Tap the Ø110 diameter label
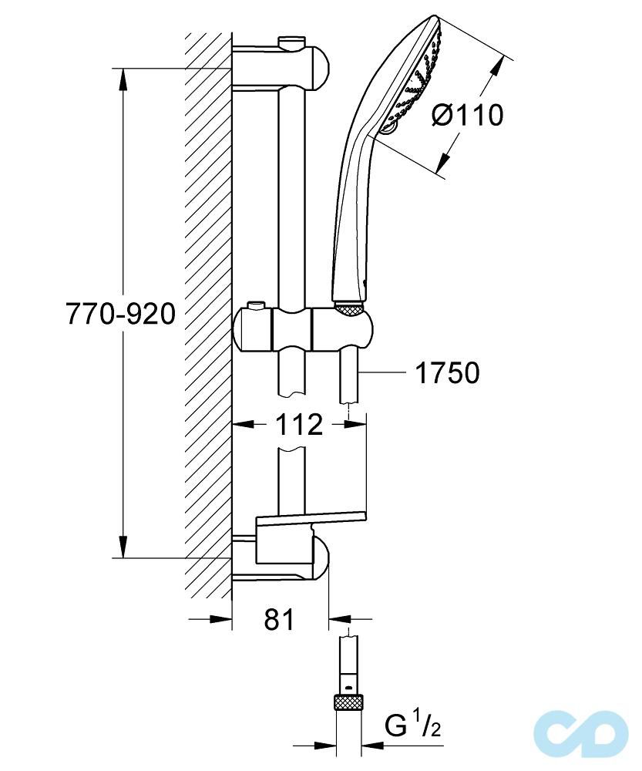pyautogui.click(x=468, y=115)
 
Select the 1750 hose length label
pyautogui.click(x=447, y=373)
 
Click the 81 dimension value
pyautogui.click(x=279, y=619)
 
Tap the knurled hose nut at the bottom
pyautogui.click(x=349, y=702)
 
